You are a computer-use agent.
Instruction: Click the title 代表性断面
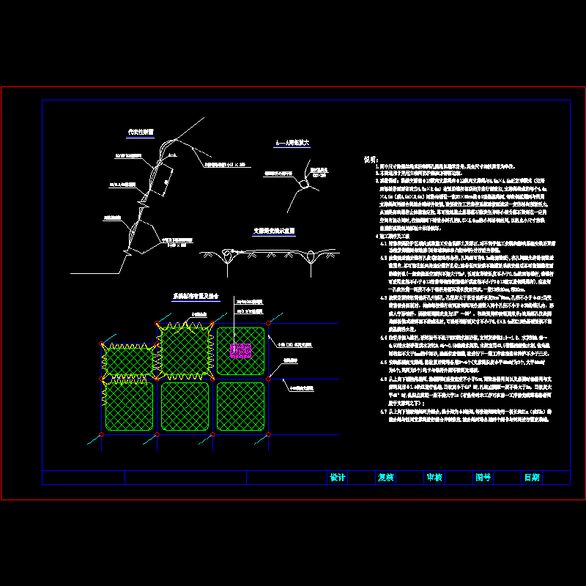click(139, 133)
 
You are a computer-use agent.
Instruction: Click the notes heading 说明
click(370, 159)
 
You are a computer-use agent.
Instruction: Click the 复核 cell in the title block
click(385, 478)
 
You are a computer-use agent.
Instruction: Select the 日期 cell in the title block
click(532, 478)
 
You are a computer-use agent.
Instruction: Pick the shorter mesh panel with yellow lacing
click(130, 360)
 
